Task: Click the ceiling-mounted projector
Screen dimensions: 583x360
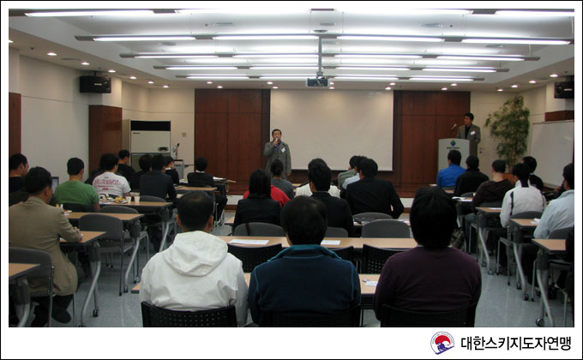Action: pyautogui.click(x=317, y=81)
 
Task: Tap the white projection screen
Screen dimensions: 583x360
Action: pyautogui.click(x=331, y=129)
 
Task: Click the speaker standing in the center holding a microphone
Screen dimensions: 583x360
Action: pyautogui.click(x=278, y=153)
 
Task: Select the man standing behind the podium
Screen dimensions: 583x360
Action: pyautogui.click(x=469, y=133)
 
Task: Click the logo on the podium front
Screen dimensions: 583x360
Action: pyautogui.click(x=453, y=144)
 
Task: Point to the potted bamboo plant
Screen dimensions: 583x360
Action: pyautogui.click(x=508, y=132)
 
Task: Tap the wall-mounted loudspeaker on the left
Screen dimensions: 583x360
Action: pyautogui.click(x=95, y=84)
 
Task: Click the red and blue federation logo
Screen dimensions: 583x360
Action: pyautogui.click(x=442, y=343)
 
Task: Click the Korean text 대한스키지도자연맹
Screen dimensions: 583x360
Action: pyautogui.click(x=516, y=343)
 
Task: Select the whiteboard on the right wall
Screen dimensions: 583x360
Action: pyautogui.click(x=552, y=153)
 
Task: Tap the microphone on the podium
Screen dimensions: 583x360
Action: pyautogui.click(x=454, y=127)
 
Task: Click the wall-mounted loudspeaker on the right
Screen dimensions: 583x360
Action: pyautogui.click(x=563, y=89)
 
